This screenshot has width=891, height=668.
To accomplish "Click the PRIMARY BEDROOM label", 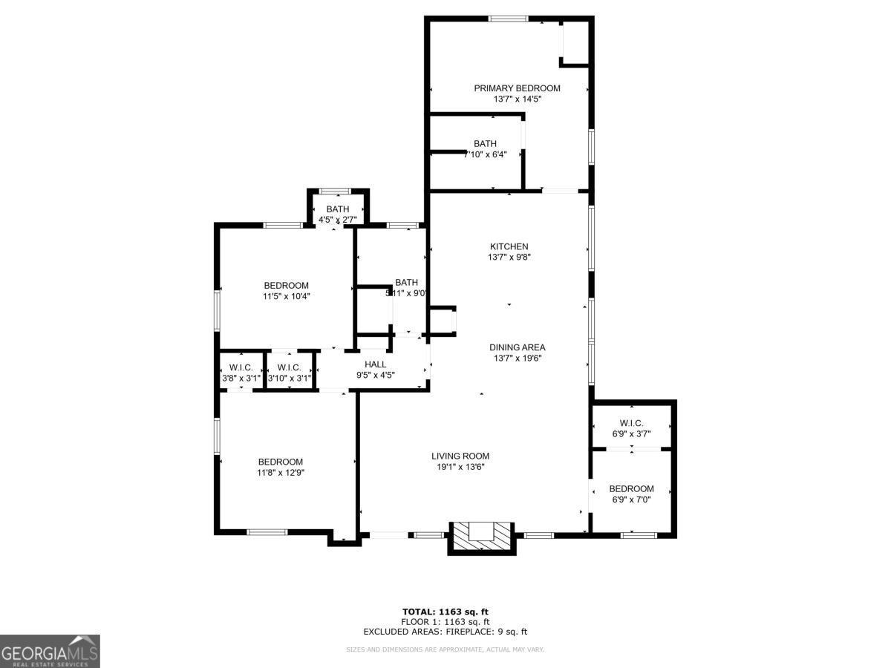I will pos(517,88).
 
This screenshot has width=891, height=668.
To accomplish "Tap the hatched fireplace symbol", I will pos(482,536).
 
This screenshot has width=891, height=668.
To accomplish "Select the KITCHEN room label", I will pos(509,247).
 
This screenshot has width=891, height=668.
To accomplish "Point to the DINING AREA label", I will pos(517,347).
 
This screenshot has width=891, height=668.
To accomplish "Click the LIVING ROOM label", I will pos(460,456).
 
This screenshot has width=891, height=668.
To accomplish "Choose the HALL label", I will pos(375,364).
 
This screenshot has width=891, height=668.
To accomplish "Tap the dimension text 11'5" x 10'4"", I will pos(286,296).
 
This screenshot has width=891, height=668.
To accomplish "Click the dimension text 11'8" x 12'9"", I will pos(281,472).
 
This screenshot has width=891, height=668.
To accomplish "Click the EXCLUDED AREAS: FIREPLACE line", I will pos(446,632).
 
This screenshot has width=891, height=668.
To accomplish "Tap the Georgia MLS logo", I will pos(50,651).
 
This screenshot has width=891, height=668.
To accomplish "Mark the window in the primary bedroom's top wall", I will pos(508,19).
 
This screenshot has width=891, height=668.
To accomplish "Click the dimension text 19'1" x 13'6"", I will pos(460,467).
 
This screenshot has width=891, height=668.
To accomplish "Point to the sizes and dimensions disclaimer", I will pos(446,649).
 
